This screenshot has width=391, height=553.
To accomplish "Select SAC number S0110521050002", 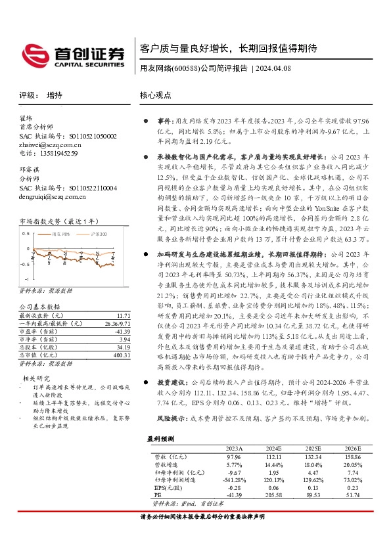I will click(x=88, y=136).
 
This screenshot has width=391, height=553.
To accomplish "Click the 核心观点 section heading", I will click(x=156, y=95).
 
